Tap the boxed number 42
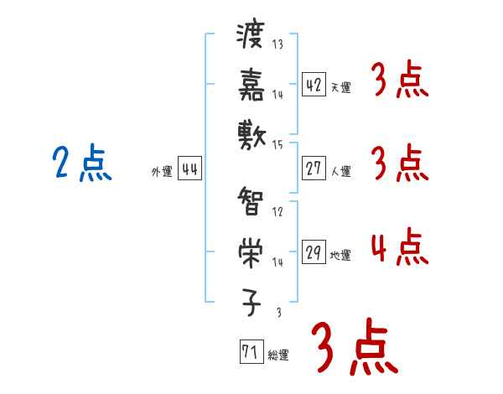[314, 85]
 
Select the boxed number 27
[314, 168]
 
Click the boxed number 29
[314, 252]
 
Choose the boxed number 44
[189, 169]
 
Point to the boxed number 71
[250, 352]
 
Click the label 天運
[340, 87]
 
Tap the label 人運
[340, 171]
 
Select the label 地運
[340, 255]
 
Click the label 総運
[278, 355]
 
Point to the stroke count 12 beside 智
[277, 212]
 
